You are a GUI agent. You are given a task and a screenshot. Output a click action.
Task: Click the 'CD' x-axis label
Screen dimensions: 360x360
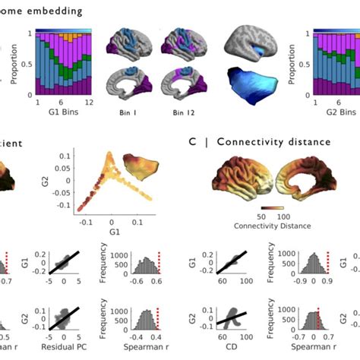[x=214, y=353]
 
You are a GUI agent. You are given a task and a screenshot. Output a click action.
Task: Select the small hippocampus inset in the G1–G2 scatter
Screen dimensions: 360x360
[x=155, y=170]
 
